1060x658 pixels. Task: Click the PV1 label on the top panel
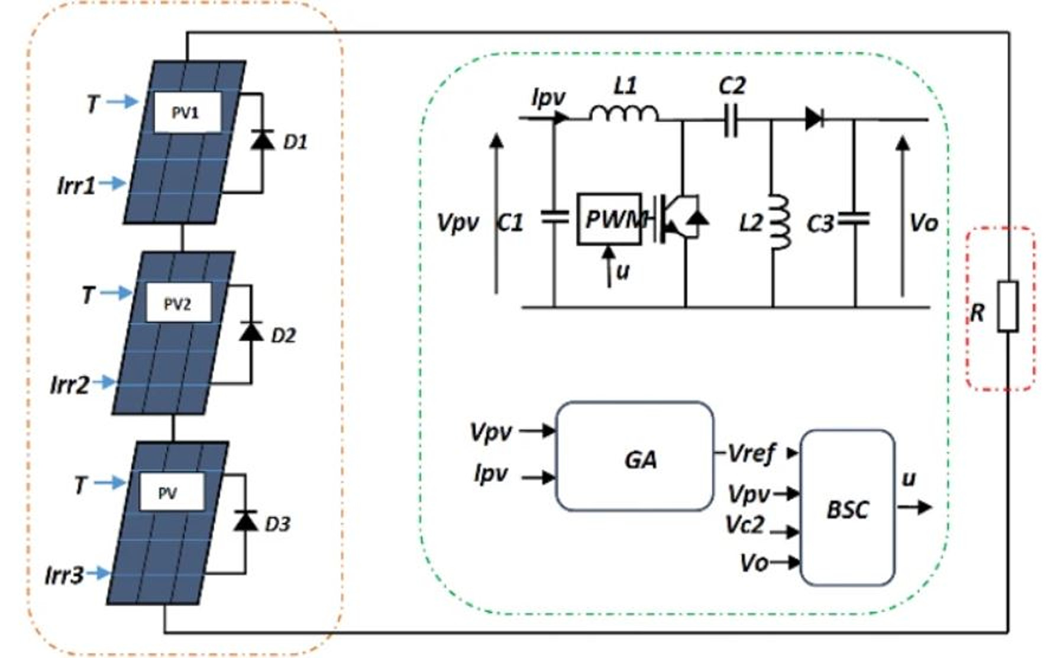click(x=186, y=112)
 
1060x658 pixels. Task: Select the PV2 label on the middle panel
click(x=177, y=304)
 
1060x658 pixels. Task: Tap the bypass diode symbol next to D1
click(x=262, y=140)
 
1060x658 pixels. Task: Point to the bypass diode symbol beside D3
click(x=245, y=521)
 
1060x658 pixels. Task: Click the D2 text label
click(x=283, y=336)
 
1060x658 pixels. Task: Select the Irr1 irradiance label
click(x=76, y=185)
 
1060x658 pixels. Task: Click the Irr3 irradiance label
click(x=64, y=575)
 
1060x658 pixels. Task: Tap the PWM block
click(x=609, y=220)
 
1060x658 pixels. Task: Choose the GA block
click(x=635, y=457)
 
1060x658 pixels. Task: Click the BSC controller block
click(x=847, y=508)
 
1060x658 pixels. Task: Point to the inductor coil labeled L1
click(x=623, y=113)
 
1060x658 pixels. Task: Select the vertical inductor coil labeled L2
click(x=779, y=222)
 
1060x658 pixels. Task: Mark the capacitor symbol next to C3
click(x=855, y=219)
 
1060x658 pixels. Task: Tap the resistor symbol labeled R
click(x=1008, y=306)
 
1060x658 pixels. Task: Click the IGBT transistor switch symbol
click(x=680, y=219)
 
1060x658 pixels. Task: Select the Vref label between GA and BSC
click(x=751, y=454)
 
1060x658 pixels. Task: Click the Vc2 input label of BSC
click(x=746, y=525)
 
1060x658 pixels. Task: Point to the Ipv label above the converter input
click(x=549, y=98)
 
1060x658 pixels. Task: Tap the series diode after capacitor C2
click(x=814, y=119)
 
